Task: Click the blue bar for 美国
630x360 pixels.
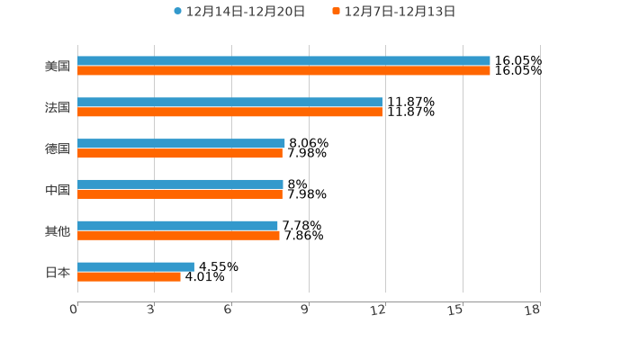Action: point(283,61)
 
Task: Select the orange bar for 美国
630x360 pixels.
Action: point(283,71)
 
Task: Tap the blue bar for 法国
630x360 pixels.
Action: point(229,103)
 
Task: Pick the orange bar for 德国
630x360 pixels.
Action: point(180,154)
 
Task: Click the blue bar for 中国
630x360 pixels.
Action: point(180,184)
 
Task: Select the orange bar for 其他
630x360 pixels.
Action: point(178,236)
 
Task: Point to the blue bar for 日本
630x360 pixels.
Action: point(136,266)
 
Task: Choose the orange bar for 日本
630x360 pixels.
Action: point(129,277)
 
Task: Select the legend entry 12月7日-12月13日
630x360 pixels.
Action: point(400,12)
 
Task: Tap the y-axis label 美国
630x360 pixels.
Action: point(58,67)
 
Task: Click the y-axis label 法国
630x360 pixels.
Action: point(58,108)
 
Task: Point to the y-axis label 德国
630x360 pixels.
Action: point(58,148)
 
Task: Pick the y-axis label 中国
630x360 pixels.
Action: point(58,190)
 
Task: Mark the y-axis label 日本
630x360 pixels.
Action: point(58,272)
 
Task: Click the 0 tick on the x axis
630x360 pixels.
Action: point(75,310)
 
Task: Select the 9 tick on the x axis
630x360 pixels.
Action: point(305,310)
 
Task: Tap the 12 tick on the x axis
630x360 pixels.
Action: point(379,310)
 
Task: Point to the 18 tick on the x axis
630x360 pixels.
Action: point(533,310)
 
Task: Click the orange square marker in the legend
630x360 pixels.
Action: point(337,12)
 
